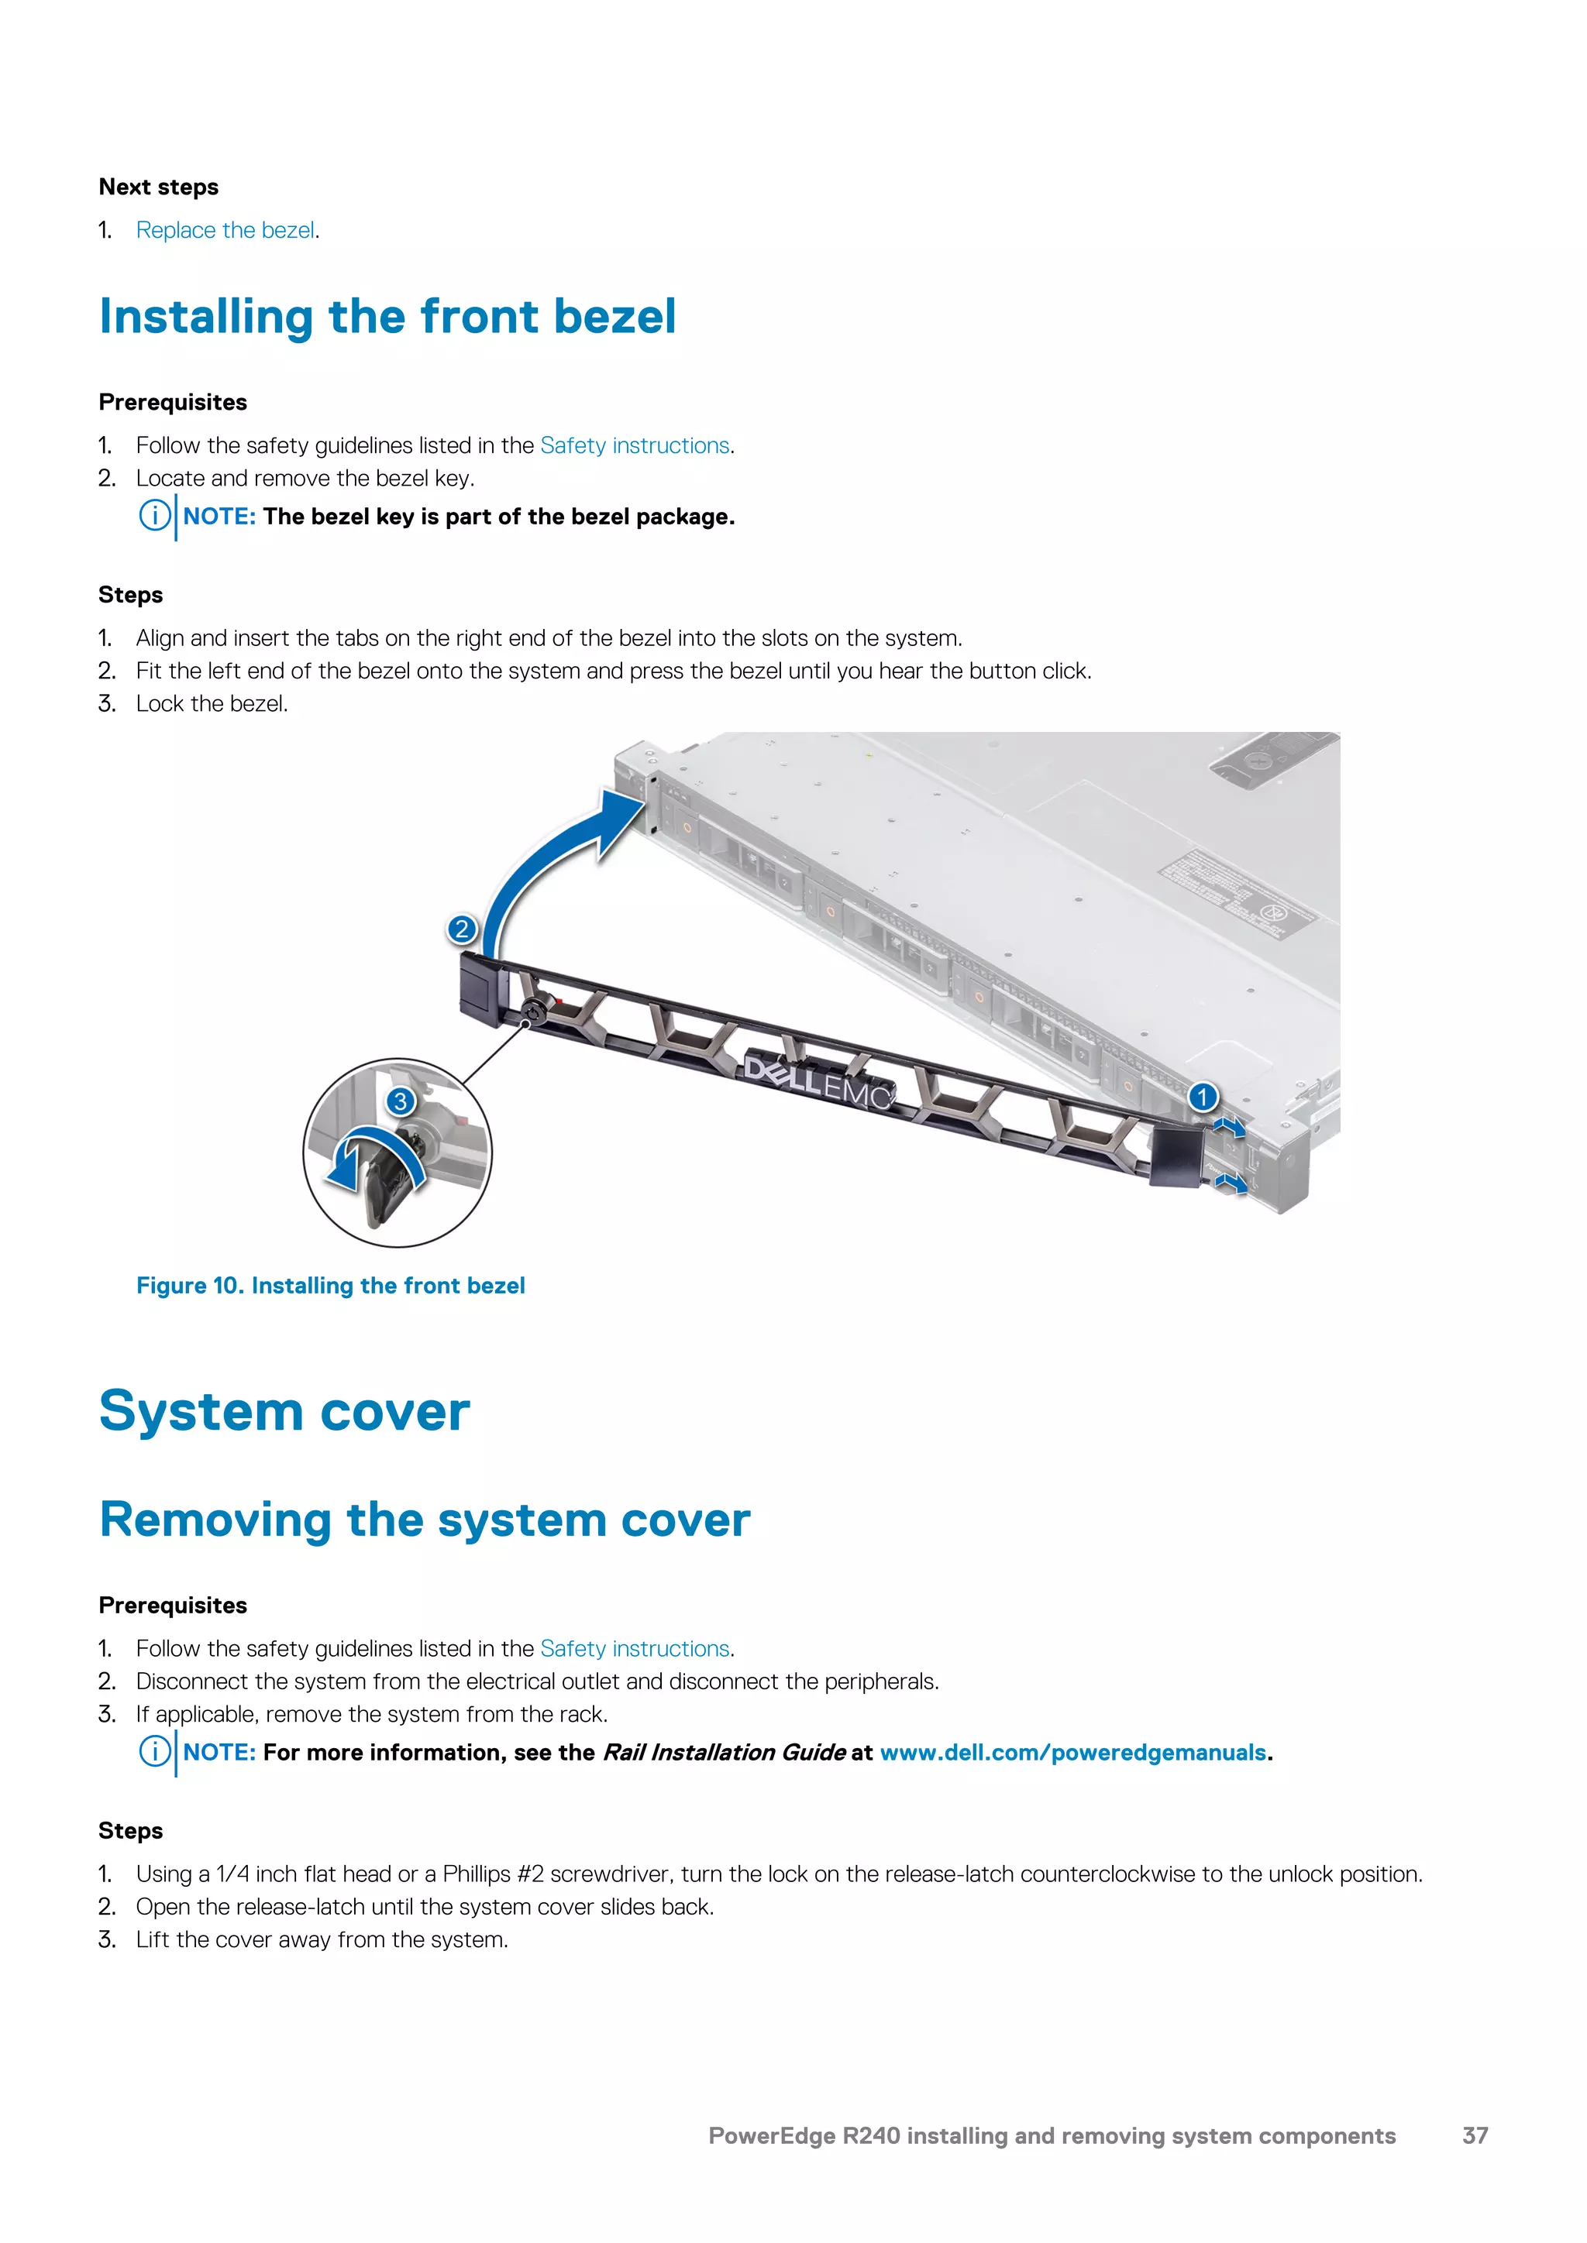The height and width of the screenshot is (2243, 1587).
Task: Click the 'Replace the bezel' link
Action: (x=225, y=231)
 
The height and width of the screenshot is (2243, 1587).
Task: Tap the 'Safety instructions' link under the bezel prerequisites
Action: (x=634, y=445)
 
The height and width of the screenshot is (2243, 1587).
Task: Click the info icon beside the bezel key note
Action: (x=153, y=516)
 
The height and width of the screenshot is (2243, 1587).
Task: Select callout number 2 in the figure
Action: (x=461, y=929)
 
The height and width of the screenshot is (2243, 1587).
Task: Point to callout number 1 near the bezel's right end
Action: (x=1203, y=1097)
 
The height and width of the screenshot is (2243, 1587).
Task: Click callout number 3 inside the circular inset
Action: (x=400, y=1102)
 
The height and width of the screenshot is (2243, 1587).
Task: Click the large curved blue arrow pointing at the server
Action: (x=547, y=860)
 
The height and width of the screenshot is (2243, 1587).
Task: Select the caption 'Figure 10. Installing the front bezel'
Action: (x=330, y=1286)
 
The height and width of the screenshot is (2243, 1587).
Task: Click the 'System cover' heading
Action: (x=284, y=1413)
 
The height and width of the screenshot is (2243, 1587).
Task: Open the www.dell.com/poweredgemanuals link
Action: (x=1073, y=1753)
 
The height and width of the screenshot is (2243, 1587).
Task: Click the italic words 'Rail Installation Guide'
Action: (x=723, y=1753)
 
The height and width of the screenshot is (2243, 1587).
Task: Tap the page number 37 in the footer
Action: (x=1475, y=2135)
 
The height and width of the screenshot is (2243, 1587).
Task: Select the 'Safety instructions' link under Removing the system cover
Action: (x=634, y=1649)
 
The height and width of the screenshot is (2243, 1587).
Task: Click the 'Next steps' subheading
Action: (x=158, y=187)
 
